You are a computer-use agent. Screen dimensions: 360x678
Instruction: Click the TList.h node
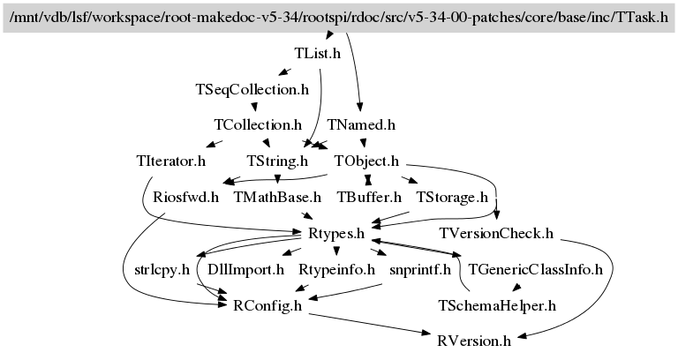tap(317, 53)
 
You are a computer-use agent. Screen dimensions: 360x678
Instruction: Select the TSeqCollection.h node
tap(252, 89)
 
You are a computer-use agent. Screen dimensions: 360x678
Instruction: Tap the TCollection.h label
tap(258, 125)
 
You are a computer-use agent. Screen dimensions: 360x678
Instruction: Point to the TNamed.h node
tap(360, 125)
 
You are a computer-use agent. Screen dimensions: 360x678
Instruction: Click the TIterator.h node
tap(171, 161)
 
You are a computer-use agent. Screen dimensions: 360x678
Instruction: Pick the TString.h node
tap(277, 161)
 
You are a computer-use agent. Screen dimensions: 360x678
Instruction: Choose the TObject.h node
tap(366, 161)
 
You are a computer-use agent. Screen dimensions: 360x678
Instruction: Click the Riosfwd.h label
tap(185, 197)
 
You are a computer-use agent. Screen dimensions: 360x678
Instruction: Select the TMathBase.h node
tap(277, 197)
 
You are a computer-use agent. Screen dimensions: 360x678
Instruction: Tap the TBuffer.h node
tap(369, 197)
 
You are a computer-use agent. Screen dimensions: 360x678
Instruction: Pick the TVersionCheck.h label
tap(495, 233)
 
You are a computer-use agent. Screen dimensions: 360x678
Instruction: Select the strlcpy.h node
tap(162, 269)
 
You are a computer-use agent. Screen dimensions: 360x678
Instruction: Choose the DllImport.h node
tap(245, 269)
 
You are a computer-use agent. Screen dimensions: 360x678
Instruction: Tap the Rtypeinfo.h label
tap(336, 269)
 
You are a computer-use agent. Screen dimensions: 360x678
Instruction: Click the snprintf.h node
tap(419, 269)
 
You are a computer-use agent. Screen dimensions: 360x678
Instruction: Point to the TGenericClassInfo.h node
tap(535, 269)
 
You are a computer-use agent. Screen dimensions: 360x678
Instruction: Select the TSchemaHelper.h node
tap(497, 305)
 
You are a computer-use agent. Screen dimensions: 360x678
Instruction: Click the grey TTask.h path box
tap(339, 17)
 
